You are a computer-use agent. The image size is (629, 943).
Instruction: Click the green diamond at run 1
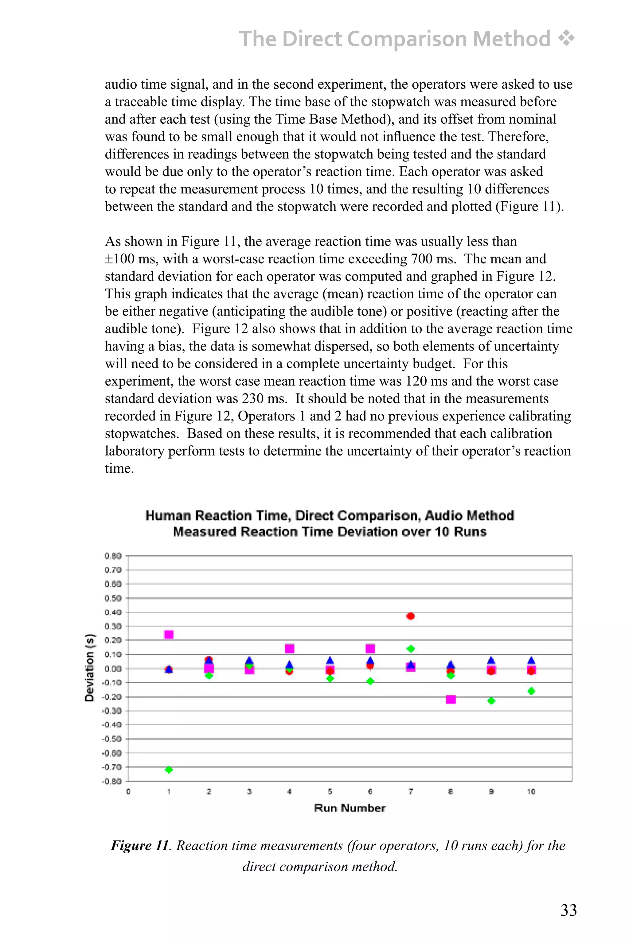click(x=169, y=769)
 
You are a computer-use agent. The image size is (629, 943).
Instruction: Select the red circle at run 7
click(x=410, y=616)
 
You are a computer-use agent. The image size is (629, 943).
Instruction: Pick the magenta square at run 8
click(x=451, y=700)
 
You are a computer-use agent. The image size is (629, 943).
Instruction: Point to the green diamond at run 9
click(x=491, y=700)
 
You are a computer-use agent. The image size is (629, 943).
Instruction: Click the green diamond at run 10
click(x=532, y=691)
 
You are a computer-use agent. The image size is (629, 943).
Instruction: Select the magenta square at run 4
click(x=290, y=649)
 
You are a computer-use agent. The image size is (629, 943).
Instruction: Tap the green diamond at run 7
click(x=410, y=649)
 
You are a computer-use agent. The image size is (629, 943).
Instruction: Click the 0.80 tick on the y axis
click(x=113, y=556)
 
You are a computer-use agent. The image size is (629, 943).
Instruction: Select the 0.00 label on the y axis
click(x=113, y=668)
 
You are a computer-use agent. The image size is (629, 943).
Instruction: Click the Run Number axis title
click(x=350, y=808)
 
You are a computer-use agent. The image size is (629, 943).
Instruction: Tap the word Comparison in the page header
click(x=408, y=39)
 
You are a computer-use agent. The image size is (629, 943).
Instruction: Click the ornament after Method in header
click(x=566, y=38)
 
